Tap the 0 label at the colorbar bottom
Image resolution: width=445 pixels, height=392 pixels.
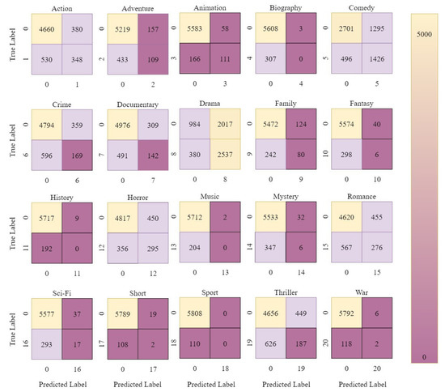pos(422,356)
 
